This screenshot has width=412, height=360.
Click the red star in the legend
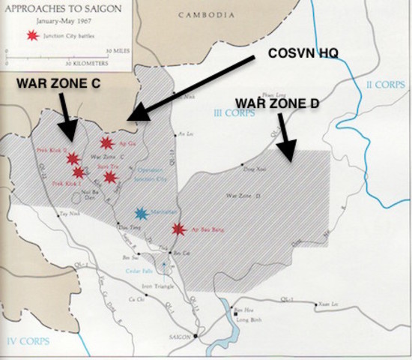(31, 36)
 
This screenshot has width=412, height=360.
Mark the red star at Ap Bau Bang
(178, 229)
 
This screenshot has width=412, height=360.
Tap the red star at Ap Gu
(106, 142)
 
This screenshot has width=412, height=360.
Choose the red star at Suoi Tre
(110, 177)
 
